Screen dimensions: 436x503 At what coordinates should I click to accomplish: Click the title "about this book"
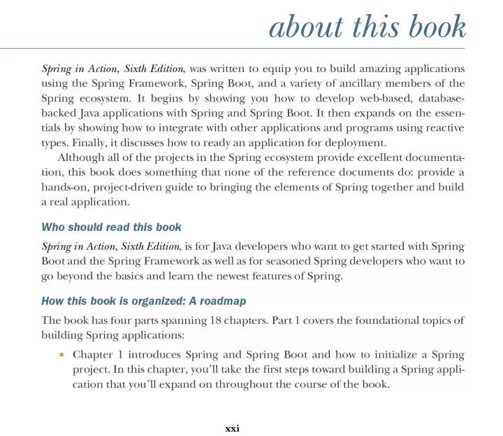tap(367, 28)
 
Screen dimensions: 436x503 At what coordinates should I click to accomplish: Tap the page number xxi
tap(232, 428)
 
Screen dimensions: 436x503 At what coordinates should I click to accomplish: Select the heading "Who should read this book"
tap(112, 227)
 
